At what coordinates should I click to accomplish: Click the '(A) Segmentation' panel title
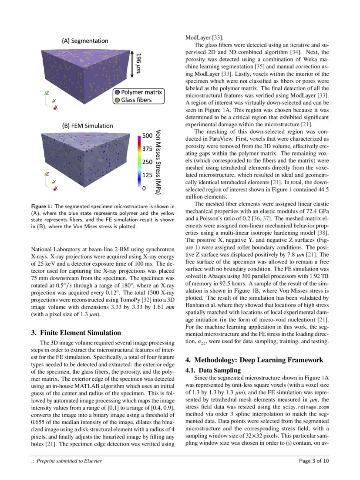coord(84,41)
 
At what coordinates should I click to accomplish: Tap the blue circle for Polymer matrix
coord(117,92)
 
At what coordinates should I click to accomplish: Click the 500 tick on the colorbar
coord(147,135)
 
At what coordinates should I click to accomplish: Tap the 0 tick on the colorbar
coord(144,189)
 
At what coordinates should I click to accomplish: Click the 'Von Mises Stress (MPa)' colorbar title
coord(158,161)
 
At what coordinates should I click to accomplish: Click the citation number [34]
coord(295,52)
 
